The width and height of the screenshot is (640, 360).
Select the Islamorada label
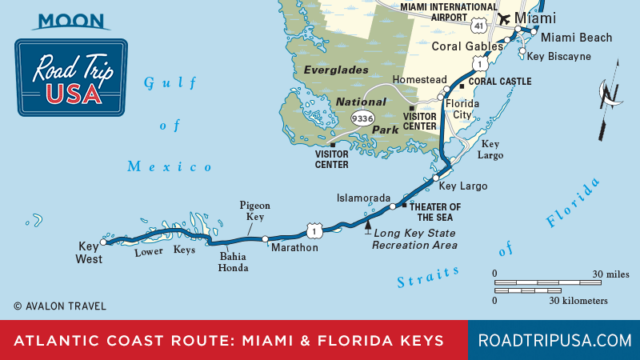[361, 198]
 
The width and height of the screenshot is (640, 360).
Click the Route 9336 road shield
[362, 118]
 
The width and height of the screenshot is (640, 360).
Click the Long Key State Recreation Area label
[415, 238]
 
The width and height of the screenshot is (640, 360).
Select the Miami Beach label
[575, 37]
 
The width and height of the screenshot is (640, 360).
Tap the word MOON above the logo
[71, 19]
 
